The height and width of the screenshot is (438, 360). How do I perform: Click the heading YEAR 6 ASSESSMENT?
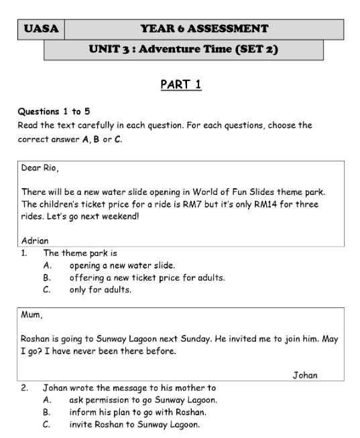[204, 29]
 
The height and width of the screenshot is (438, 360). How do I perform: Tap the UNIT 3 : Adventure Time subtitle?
[183, 49]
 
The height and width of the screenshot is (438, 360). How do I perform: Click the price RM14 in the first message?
[256, 204]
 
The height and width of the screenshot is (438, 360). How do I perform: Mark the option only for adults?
[99, 289]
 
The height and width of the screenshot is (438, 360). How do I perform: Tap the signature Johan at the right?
[306, 375]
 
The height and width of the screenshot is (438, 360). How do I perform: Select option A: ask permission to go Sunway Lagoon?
[142, 400]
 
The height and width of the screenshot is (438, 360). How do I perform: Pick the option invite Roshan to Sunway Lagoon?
[134, 424]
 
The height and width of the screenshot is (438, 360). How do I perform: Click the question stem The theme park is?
[80, 253]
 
